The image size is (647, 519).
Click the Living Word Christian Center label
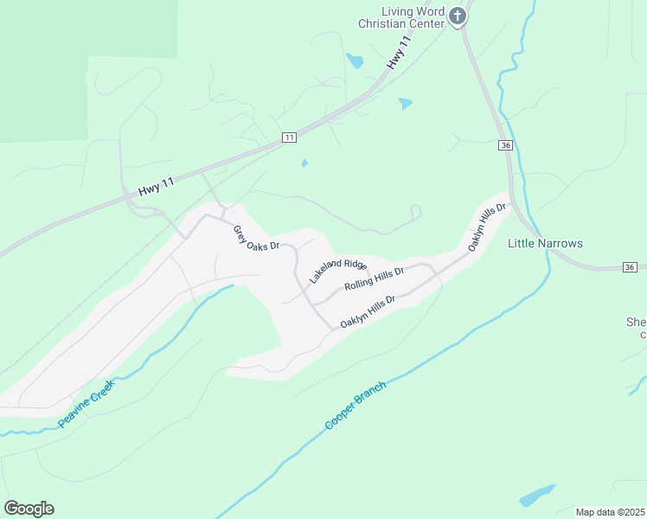click(x=400, y=17)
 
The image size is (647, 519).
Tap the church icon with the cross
click(x=458, y=16)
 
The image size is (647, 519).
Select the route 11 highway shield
click(x=289, y=138)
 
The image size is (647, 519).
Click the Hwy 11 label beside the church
click(x=398, y=54)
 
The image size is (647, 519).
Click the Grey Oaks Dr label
click(x=256, y=238)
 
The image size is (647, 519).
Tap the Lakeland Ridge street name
click(x=337, y=271)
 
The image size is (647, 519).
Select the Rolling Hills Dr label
click(x=375, y=279)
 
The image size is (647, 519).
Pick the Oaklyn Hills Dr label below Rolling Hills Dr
click(x=368, y=311)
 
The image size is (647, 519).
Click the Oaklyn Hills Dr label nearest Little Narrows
click(x=486, y=227)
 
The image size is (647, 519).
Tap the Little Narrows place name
click(x=545, y=243)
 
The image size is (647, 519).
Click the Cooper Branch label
click(x=356, y=406)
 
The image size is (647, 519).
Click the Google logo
click(x=29, y=509)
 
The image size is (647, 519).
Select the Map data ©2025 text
click(x=610, y=512)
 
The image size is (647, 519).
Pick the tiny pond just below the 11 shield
click(x=304, y=163)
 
